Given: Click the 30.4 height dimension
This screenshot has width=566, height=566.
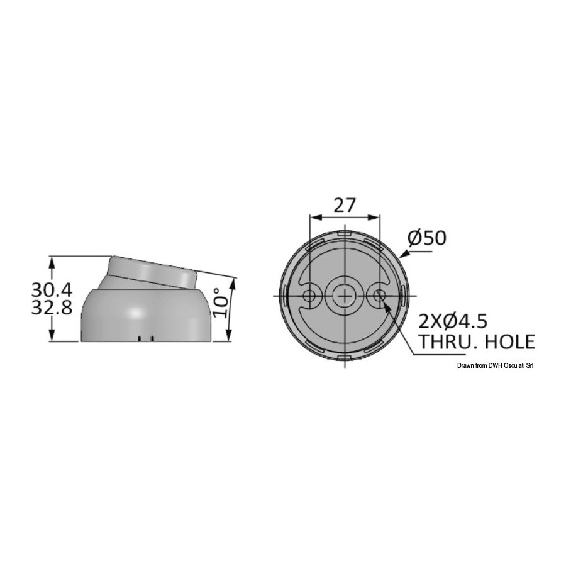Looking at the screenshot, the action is [x=52, y=289].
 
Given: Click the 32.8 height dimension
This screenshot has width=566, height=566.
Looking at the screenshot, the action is [x=52, y=308].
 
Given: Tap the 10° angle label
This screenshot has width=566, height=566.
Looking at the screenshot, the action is [x=221, y=302].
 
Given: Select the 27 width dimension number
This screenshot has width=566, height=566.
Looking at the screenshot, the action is [x=345, y=206].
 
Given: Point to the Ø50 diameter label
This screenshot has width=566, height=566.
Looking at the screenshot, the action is [x=427, y=238].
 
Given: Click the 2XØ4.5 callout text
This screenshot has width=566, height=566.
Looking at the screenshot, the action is [x=453, y=321].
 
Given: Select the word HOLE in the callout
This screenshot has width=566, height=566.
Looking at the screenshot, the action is [x=507, y=341].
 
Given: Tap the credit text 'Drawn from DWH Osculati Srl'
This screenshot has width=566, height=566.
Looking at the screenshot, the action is [x=495, y=365].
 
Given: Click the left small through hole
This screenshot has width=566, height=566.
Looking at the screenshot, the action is [x=309, y=296].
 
